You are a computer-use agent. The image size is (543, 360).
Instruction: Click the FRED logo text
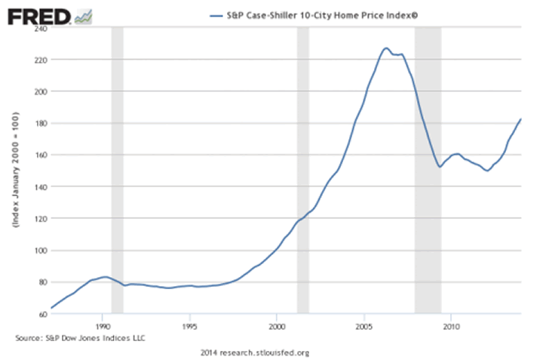38,14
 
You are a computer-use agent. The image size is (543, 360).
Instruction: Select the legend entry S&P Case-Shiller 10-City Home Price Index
318,14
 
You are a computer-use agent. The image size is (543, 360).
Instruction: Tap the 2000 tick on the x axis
277,328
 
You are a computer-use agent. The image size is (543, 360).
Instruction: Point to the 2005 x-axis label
364,328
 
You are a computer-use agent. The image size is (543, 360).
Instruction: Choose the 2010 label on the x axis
451,328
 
